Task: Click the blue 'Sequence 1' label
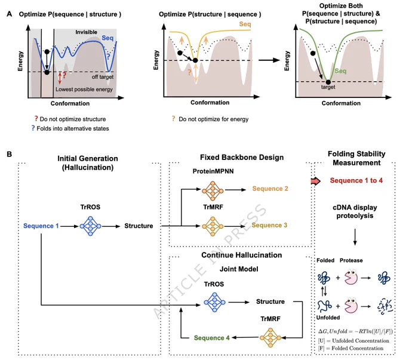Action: (x=41, y=226)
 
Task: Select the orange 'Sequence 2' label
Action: (x=270, y=189)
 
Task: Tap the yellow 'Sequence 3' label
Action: (x=269, y=225)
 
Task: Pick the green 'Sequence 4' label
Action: (x=211, y=338)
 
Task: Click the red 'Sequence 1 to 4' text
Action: (x=356, y=180)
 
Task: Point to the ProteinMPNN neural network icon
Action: (x=213, y=191)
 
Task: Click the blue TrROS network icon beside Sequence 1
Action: (x=90, y=226)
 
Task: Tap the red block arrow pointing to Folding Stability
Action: (x=315, y=181)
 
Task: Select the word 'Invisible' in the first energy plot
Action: (x=86, y=32)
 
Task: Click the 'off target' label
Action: (x=103, y=77)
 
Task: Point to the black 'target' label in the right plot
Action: (x=328, y=87)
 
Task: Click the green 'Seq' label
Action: (x=340, y=71)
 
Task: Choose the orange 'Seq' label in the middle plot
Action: (x=245, y=24)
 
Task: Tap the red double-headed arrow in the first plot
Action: (x=60, y=78)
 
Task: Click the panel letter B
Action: (x=10, y=155)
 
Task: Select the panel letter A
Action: (x=10, y=14)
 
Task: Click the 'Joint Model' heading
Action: (x=239, y=269)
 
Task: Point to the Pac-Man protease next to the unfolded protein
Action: (x=351, y=305)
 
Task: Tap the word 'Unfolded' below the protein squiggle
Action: (x=328, y=318)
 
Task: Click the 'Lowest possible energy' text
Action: (x=84, y=90)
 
